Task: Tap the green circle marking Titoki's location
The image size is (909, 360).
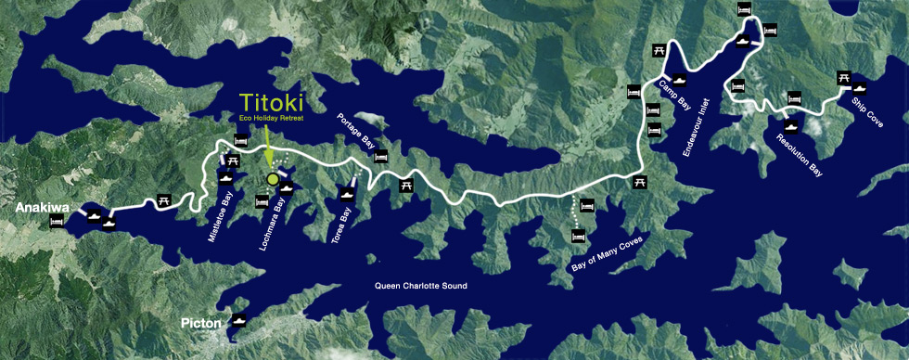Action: (x=272, y=179)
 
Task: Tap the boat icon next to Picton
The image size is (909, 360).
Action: (x=239, y=322)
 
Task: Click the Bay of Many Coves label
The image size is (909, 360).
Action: (x=604, y=253)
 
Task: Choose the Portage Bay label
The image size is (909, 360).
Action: (x=356, y=130)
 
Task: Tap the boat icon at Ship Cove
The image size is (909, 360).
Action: (x=860, y=88)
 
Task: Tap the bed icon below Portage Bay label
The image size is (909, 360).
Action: (x=379, y=156)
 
